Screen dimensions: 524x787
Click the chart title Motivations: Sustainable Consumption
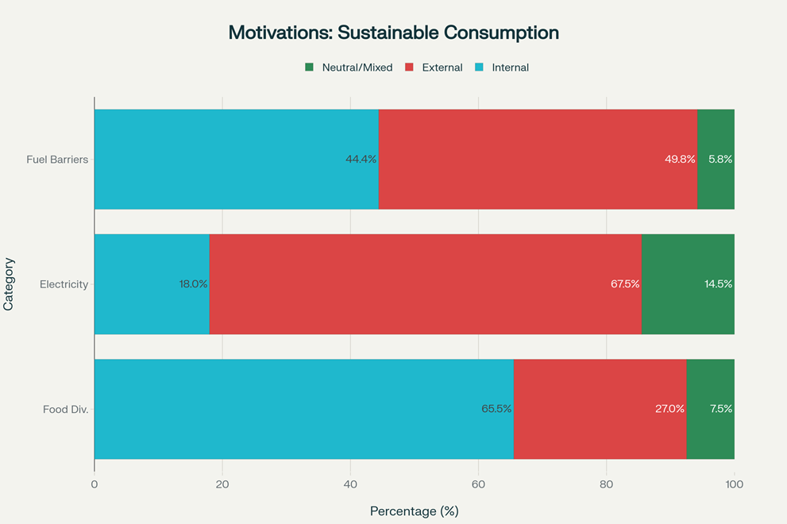click(393, 33)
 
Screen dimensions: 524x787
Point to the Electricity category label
click(64, 284)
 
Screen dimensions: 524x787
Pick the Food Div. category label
click(65, 410)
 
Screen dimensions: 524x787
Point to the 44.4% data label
click(361, 159)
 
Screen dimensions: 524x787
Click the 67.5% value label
click(625, 284)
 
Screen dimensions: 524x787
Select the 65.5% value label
click(496, 410)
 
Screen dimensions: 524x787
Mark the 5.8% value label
click(720, 159)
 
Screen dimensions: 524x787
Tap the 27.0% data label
click(669, 410)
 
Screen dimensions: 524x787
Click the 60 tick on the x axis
click(478, 484)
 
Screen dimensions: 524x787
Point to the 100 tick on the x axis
click(735, 484)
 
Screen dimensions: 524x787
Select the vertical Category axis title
click(9, 284)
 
